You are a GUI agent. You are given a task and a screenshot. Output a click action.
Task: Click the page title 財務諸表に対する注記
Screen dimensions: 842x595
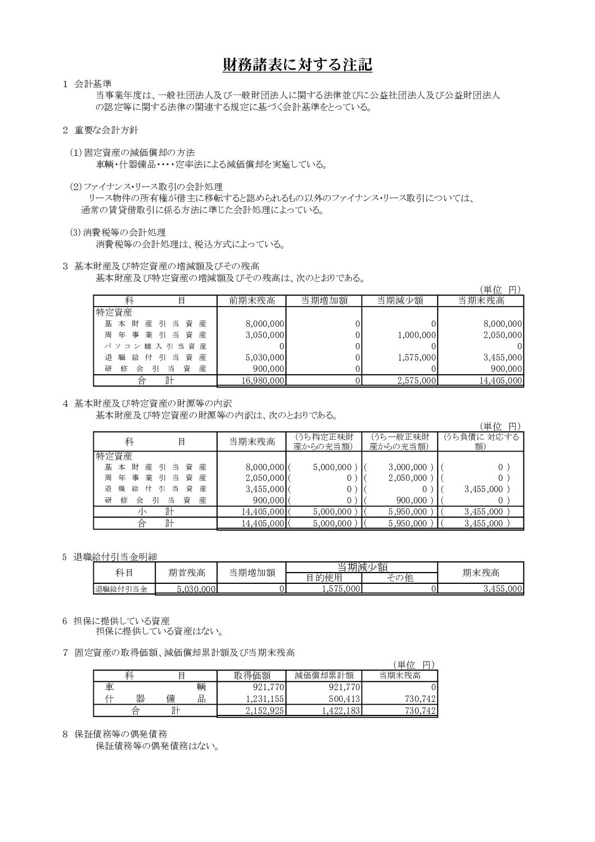(297, 65)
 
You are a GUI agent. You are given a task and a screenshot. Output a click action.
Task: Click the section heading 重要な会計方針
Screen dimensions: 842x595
(106, 130)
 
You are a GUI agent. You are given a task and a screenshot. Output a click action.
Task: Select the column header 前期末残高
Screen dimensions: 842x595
(251, 300)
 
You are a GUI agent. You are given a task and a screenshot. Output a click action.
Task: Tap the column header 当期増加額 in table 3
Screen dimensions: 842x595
(324, 300)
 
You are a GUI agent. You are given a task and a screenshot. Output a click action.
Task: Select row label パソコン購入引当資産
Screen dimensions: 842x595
(156, 346)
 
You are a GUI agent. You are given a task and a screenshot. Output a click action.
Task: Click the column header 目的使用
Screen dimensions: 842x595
(324, 578)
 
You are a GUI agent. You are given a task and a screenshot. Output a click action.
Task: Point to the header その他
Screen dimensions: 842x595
(400, 578)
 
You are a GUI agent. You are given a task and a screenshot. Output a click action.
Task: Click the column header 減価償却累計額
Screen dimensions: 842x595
(324, 676)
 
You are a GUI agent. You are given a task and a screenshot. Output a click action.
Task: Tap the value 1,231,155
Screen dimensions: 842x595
(265, 699)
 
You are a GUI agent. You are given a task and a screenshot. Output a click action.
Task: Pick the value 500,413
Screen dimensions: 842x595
(341, 699)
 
